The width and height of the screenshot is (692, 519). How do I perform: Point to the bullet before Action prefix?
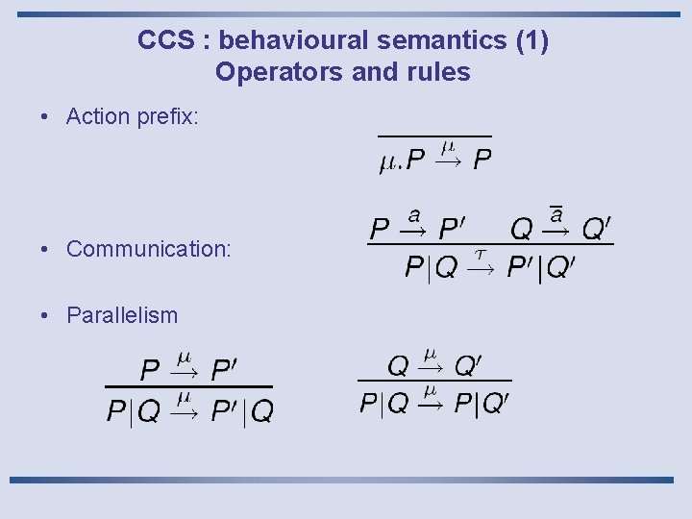(46, 117)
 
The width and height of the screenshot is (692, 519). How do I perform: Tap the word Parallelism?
(122, 314)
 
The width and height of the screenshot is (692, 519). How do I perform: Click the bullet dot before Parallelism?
(46, 314)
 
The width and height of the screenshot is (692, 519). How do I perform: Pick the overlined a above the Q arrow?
(556, 214)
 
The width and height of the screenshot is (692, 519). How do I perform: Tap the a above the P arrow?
(414, 214)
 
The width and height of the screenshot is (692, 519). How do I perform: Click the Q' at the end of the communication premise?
(597, 230)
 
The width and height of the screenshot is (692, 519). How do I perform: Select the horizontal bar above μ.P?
(434, 137)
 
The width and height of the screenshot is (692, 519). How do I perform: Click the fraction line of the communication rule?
(490, 245)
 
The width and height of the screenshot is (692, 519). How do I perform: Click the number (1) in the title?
(532, 40)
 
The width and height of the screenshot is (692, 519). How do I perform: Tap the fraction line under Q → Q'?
(434, 381)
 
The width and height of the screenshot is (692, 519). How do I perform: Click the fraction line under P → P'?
(188, 387)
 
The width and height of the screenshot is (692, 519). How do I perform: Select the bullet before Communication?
(46, 249)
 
